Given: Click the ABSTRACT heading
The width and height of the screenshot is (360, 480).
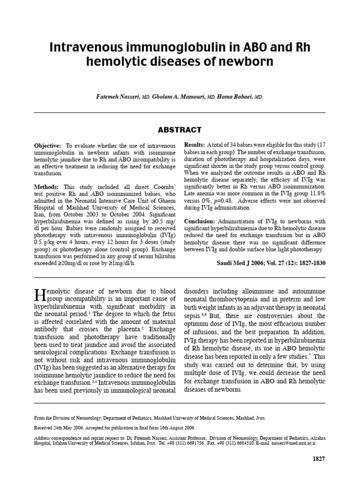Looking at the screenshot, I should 180,130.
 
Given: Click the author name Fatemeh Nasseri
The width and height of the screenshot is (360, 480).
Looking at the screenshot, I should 115,97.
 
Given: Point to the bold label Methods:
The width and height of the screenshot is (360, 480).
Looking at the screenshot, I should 47,187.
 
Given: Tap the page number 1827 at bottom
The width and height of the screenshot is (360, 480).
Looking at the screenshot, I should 319,458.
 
